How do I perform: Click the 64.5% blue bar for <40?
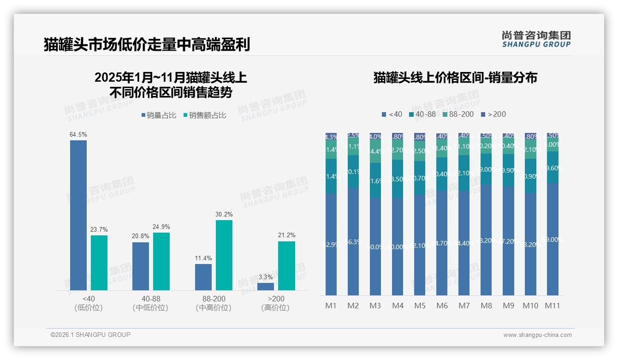pos(78,215)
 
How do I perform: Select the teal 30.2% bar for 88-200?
pos(224,255)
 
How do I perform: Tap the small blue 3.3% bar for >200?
pos(266,287)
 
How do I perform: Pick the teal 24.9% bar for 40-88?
pos(161,261)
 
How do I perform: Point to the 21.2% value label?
pos(287,235)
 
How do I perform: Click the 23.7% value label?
pos(99,229)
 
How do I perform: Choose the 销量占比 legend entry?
pos(159,115)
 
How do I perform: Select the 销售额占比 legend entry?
pos(205,115)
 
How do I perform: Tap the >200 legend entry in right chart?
pos(493,114)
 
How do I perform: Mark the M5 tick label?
pos(420,306)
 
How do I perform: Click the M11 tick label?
pos(553,306)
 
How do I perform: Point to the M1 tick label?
pos(331,306)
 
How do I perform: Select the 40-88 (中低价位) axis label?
pos(150,303)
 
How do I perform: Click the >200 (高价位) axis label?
pos(275,303)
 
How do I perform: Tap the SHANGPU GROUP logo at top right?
pos(536,39)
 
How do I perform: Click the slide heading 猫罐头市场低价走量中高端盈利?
pos(147,45)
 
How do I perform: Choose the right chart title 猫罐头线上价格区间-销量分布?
pos(455,78)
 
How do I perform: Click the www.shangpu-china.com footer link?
pos(537,335)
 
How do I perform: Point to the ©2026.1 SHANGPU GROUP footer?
pos(90,335)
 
